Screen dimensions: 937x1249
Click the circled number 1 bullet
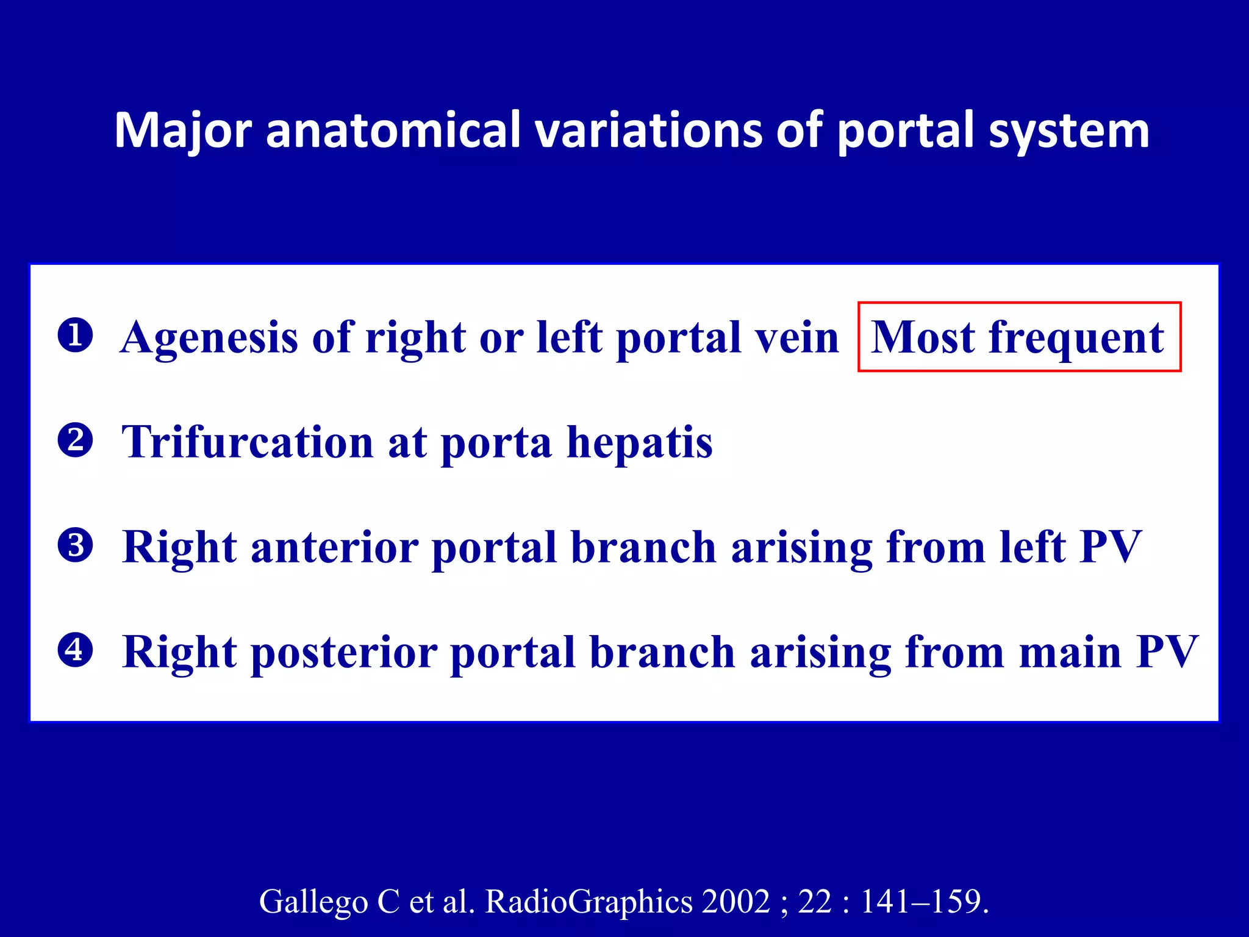pyautogui.click(x=75, y=336)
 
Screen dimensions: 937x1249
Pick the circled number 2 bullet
pyautogui.click(x=75, y=440)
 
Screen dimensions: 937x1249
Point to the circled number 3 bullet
pyautogui.click(x=75, y=545)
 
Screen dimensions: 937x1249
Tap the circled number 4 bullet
pyautogui.click(x=75, y=650)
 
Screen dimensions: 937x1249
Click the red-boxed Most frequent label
pyautogui.click(x=1019, y=337)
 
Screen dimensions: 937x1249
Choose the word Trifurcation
pyautogui.click(x=247, y=442)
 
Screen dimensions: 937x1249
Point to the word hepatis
pyautogui.click(x=639, y=442)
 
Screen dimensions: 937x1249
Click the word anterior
pyautogui.click(x=334, y=547)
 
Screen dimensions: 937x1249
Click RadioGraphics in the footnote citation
pyautogui.click(x=589, y=902)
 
